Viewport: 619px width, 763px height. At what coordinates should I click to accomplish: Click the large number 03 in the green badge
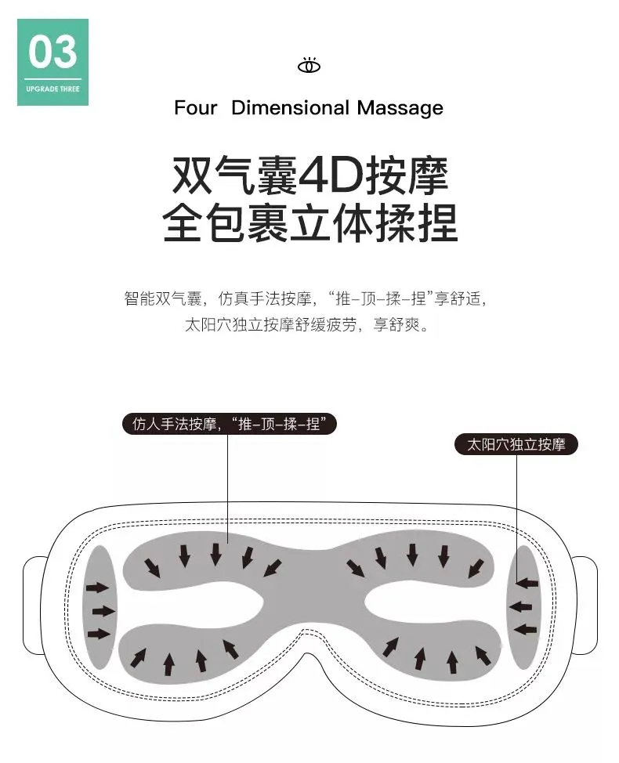[52, 52]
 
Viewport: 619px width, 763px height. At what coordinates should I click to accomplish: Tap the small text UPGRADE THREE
[52, 89]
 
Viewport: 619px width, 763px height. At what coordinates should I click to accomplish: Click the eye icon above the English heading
[309, 66]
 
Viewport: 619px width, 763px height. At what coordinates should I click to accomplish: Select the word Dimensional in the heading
[290, 108]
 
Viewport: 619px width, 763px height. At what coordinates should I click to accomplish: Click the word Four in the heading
[195, 108]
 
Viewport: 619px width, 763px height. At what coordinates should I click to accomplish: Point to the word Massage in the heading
[400, 108]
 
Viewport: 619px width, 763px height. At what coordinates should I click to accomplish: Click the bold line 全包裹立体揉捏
[309, 222]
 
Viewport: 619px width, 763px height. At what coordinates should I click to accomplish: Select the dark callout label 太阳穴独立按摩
[516, 445]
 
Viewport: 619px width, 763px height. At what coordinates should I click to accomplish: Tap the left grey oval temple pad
[100, 606]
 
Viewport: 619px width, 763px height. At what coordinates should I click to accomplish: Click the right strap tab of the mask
[585, 608]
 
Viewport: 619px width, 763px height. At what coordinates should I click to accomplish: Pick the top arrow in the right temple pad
[527, 583]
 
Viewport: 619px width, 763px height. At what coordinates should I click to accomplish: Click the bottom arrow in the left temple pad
[99, 633]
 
